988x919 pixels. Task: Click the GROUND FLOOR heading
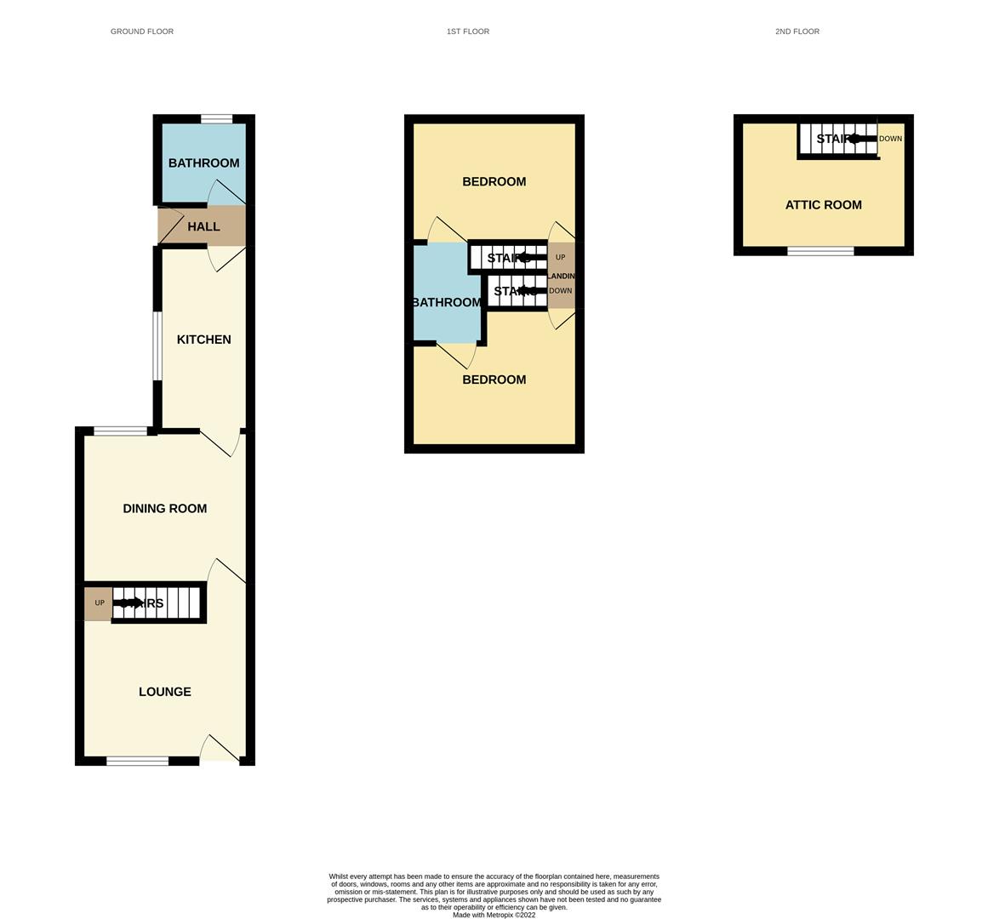(x=142, y=31)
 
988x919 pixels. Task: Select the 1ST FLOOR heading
(x=467, y=31)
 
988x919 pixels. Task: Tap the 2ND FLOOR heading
(x=797, y=31)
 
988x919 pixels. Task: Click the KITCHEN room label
(x=203, y=340)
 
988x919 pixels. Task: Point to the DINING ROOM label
(x=165, y=509)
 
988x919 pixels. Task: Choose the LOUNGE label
(x=165, y=692)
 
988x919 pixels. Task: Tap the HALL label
(x=203, y=227)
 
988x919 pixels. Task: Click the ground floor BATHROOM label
(x=203, y=163)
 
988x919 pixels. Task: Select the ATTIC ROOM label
(x=823, y=205)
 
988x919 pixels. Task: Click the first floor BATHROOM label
(x=447, y=303)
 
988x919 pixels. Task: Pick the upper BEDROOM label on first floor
(x=494, y=182)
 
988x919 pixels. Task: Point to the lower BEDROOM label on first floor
(x=494, y=380)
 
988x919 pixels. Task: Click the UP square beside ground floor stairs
(x=99, y=603)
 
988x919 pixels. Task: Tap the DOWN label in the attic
(x=890, y=139)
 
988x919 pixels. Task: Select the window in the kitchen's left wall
(x=157, y=345)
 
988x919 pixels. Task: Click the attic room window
(x=820, y=251)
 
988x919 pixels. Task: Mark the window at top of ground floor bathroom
(x=217, y=119)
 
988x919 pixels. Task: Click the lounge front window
(x=137, y=761)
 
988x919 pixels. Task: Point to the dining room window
(x=120, y=431)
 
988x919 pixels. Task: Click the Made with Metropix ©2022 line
(x=494, y=915)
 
